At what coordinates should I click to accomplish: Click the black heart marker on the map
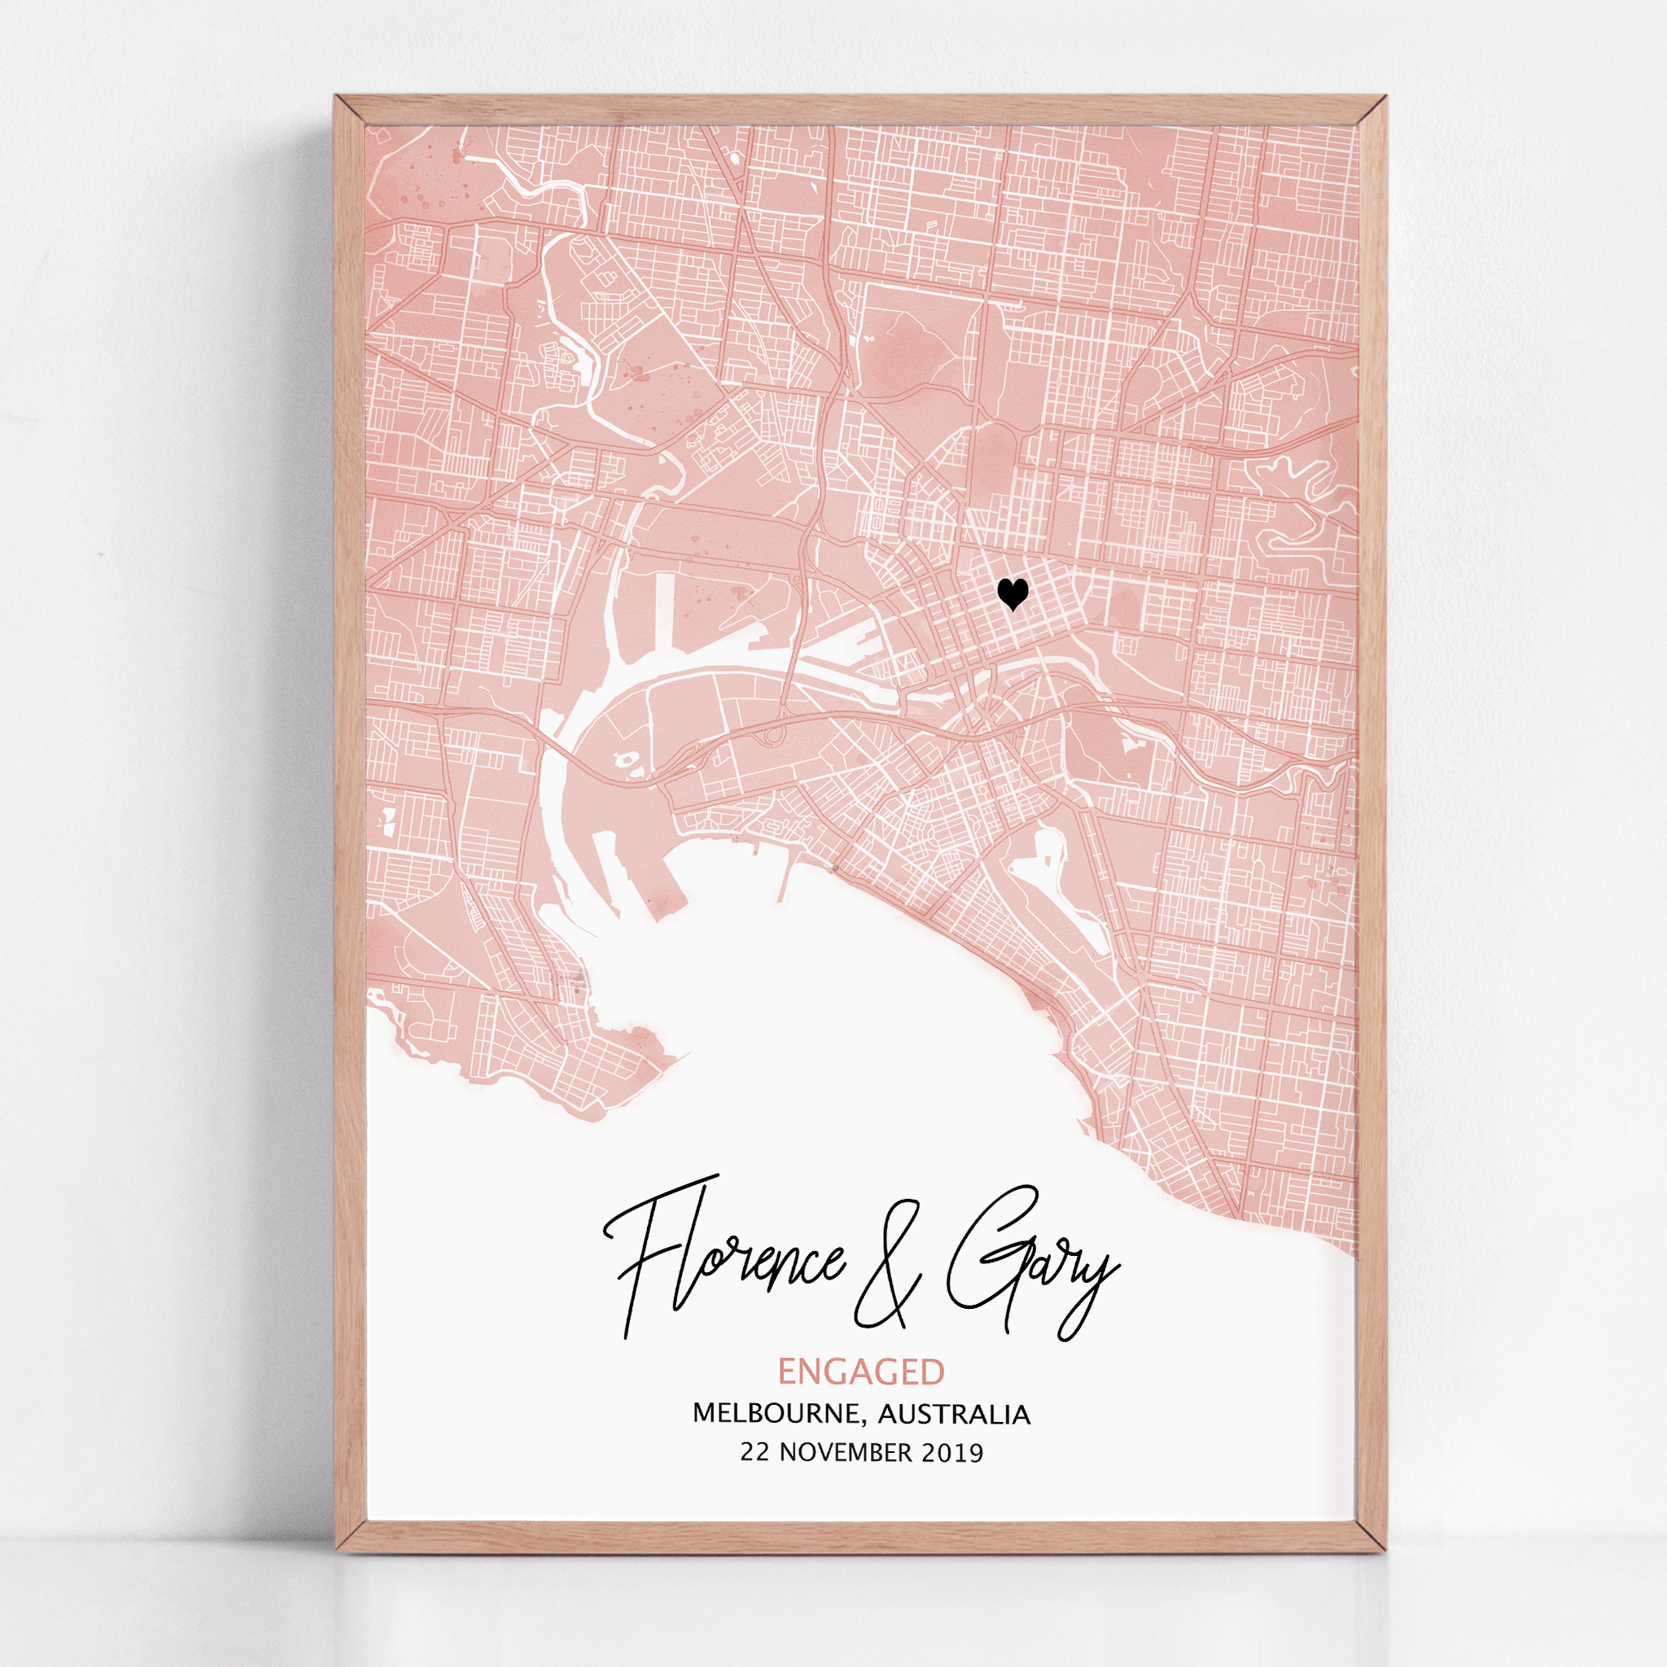[x=1012, y=593]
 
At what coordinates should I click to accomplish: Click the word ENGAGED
[x=861, y=1371]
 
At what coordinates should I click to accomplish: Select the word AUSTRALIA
[x=954, y=1414]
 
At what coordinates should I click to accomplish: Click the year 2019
[x=952, y=1453]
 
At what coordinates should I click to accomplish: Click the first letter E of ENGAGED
[x=787, y=1371]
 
